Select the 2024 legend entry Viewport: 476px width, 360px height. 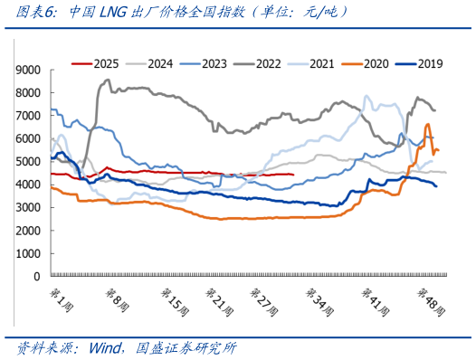click(x=149, y=64)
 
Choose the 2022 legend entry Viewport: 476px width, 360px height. click(x=257, y=64)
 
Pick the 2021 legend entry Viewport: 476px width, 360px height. click(x=311, y=64)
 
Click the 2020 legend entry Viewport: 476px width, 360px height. click(x=365, y=64)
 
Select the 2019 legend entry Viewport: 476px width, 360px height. click(x=419, y=64)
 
